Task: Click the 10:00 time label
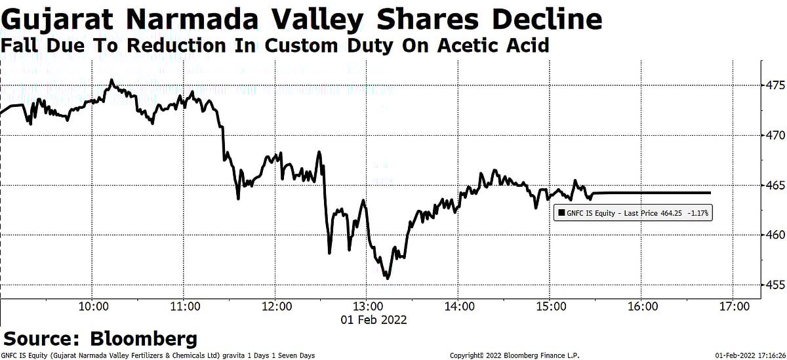pos(92,306)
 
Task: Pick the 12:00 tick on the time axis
pos(275,306)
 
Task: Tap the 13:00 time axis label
pos(367,306)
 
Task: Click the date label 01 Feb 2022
pos(373,320)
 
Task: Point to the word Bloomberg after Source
pos(144,338)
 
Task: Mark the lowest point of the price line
pos(388,279)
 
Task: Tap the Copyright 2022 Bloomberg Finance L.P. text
pos(515,355)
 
